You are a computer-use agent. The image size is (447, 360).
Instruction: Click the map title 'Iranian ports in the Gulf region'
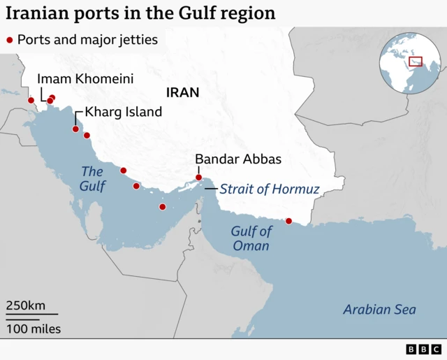point(140,13)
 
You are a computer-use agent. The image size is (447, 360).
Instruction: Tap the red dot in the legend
point(9,41)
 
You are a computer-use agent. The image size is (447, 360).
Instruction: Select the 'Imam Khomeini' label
point(85,79)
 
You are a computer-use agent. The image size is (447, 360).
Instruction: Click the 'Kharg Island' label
point(123,112)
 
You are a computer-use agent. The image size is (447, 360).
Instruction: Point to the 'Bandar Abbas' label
point(238,159)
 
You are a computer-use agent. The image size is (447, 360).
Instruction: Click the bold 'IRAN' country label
point(182,92)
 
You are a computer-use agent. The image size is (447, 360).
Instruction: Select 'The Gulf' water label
point(92,179)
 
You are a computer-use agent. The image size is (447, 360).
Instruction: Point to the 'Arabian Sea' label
point(379,310)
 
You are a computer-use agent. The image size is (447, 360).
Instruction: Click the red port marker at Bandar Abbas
point(198,178)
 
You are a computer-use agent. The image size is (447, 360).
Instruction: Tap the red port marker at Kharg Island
point(75,129)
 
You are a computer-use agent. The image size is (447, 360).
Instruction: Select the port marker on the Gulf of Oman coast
point(288,222)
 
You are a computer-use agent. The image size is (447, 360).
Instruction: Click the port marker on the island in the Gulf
point(163,207)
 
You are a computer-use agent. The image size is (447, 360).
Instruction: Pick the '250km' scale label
point(26,305)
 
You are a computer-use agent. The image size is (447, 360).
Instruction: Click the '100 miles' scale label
point(34,329)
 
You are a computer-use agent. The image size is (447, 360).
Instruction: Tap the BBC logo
point(423,349)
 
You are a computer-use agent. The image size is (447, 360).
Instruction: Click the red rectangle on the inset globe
point(416,62)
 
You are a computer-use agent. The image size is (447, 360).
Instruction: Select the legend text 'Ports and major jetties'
point(87,41)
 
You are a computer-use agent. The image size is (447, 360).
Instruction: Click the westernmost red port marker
point(31,100)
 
